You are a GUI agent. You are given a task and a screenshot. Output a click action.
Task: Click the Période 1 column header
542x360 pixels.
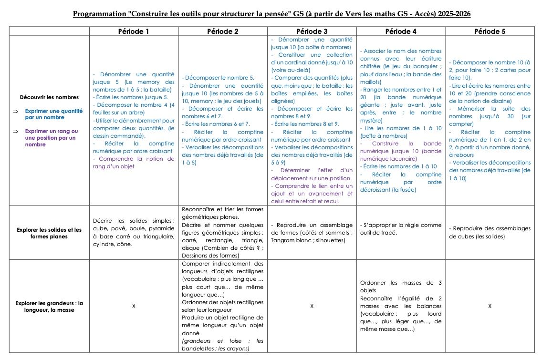134,31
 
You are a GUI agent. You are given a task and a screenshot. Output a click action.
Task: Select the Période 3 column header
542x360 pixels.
312,31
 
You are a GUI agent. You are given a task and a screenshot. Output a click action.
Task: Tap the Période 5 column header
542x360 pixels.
490,31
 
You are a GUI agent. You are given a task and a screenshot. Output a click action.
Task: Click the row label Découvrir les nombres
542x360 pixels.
49,97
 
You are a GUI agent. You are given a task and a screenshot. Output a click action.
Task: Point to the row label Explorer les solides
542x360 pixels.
49,233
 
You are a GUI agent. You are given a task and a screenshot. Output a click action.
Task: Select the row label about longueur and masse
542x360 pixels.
49,306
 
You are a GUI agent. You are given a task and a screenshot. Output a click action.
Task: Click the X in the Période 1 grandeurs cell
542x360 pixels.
134,306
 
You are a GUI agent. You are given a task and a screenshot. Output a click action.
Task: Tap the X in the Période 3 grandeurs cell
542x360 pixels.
312,306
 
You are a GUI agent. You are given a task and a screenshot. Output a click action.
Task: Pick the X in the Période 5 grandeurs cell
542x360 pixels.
490,306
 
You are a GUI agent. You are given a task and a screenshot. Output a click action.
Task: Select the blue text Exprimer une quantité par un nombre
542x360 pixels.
51,114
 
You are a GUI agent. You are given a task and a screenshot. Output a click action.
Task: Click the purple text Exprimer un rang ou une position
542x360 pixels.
51,138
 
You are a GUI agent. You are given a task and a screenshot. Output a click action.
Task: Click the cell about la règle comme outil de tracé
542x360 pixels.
401,229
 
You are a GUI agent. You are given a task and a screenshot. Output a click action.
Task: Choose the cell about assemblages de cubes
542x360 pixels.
490,233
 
